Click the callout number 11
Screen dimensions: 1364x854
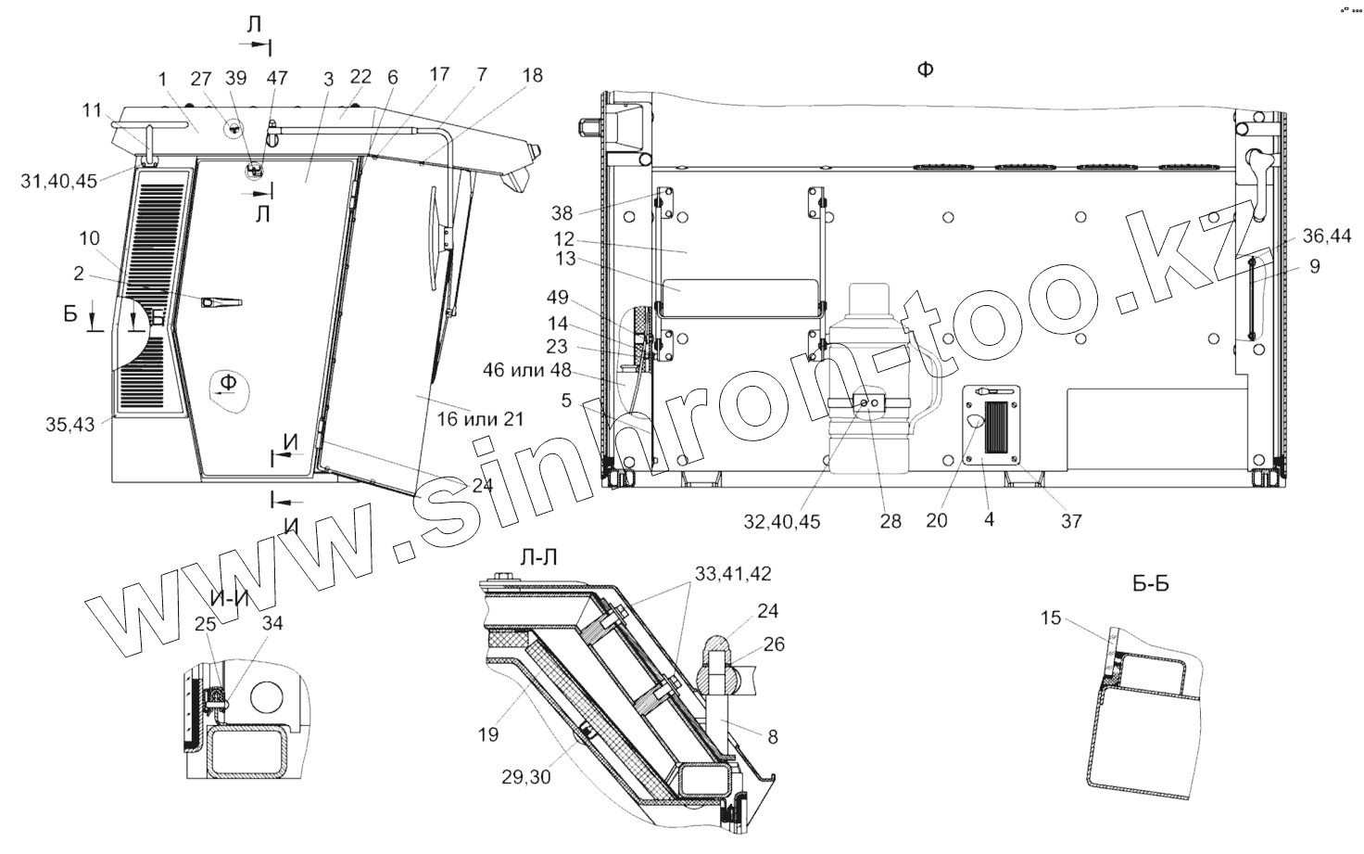(92, 110)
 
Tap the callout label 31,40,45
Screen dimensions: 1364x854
(59, 181)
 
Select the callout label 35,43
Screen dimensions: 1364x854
(70, 425)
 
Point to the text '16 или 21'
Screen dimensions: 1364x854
(480, 419)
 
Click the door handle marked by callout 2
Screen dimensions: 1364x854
(221, 302)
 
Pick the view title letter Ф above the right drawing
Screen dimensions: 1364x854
(925, 70)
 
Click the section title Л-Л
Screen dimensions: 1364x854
(539, 557)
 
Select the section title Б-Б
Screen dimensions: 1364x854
(1151, 583)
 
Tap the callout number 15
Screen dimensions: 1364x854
(1051, 618)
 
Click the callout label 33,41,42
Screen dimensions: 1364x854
(733, 574)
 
